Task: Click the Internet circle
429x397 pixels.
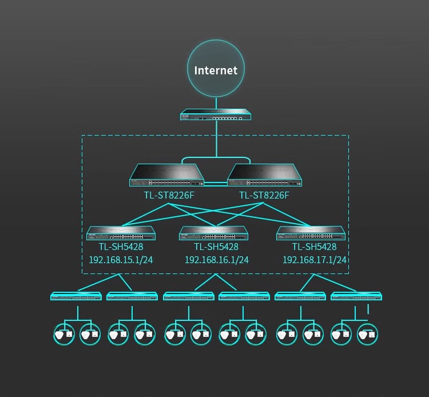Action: (216, 69)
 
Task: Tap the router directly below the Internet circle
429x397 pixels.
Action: (216, 115)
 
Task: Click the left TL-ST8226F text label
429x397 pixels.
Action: (169, 196)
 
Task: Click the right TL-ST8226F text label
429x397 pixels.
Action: (264, 196)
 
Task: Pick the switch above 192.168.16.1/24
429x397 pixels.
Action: (214, 233)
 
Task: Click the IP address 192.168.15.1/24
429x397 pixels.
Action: (121, 260)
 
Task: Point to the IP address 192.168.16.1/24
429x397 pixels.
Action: (216, 260)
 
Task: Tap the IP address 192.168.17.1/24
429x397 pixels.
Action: (315, 260)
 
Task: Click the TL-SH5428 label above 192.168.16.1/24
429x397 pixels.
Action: (216, 247)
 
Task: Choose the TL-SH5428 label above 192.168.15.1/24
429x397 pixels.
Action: (121, 247)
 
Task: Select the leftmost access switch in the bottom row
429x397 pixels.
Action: (76, 296)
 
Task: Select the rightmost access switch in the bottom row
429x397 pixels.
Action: (356, 296)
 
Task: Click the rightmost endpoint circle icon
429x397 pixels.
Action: (368, 334)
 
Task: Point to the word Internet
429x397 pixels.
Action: (216, 70)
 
